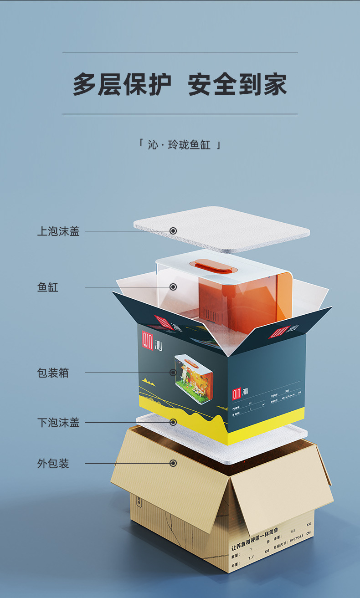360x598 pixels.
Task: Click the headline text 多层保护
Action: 122,85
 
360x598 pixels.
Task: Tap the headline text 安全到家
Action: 237,85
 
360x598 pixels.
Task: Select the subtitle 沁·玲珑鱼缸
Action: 180,145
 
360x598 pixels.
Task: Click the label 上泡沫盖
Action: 58,231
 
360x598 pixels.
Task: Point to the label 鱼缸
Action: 48,287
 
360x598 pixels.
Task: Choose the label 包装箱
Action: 53,373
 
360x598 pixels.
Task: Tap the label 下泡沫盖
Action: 58,423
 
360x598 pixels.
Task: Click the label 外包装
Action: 53,464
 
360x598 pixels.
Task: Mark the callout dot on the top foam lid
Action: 173,231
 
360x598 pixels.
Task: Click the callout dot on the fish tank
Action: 173,287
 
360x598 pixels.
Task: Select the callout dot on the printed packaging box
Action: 173,373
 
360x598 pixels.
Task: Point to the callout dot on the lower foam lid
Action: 173,422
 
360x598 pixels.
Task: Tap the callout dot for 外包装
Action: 173,463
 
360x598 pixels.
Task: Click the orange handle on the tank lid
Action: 211,265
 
